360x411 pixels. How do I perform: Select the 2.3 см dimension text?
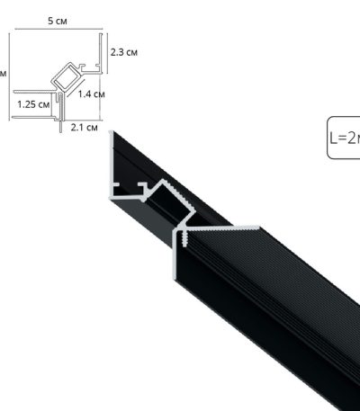coord(122,52)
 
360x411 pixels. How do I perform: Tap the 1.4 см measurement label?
coord(92,93)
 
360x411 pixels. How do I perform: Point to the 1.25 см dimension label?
coord(32,104)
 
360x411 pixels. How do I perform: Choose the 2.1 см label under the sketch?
coord(84,128)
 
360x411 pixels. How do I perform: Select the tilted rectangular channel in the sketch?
coord(66,77)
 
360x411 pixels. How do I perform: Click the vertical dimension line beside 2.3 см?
coord(103,52)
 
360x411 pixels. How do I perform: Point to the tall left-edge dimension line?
coord(10,76)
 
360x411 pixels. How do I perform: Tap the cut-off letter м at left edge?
coord(3,74)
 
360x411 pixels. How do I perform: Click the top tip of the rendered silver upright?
coord(112,133)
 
